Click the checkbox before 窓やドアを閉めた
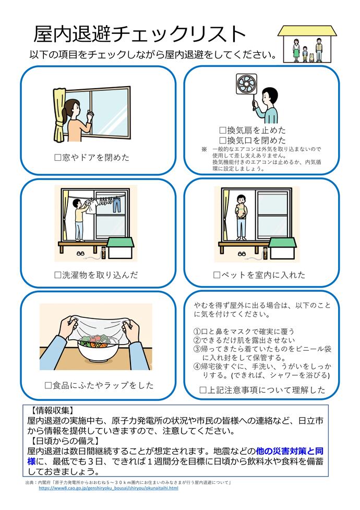point(58,157)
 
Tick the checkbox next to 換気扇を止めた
point(222,131)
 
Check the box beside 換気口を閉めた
point(222,140)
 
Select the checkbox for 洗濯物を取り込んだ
point(58,275)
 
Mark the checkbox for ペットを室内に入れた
point(217,275)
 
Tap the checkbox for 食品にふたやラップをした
point(49,386)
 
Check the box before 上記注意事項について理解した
point(203,390)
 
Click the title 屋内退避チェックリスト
point(139,34)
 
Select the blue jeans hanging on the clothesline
point(117,204)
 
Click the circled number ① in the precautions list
point(197,331)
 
